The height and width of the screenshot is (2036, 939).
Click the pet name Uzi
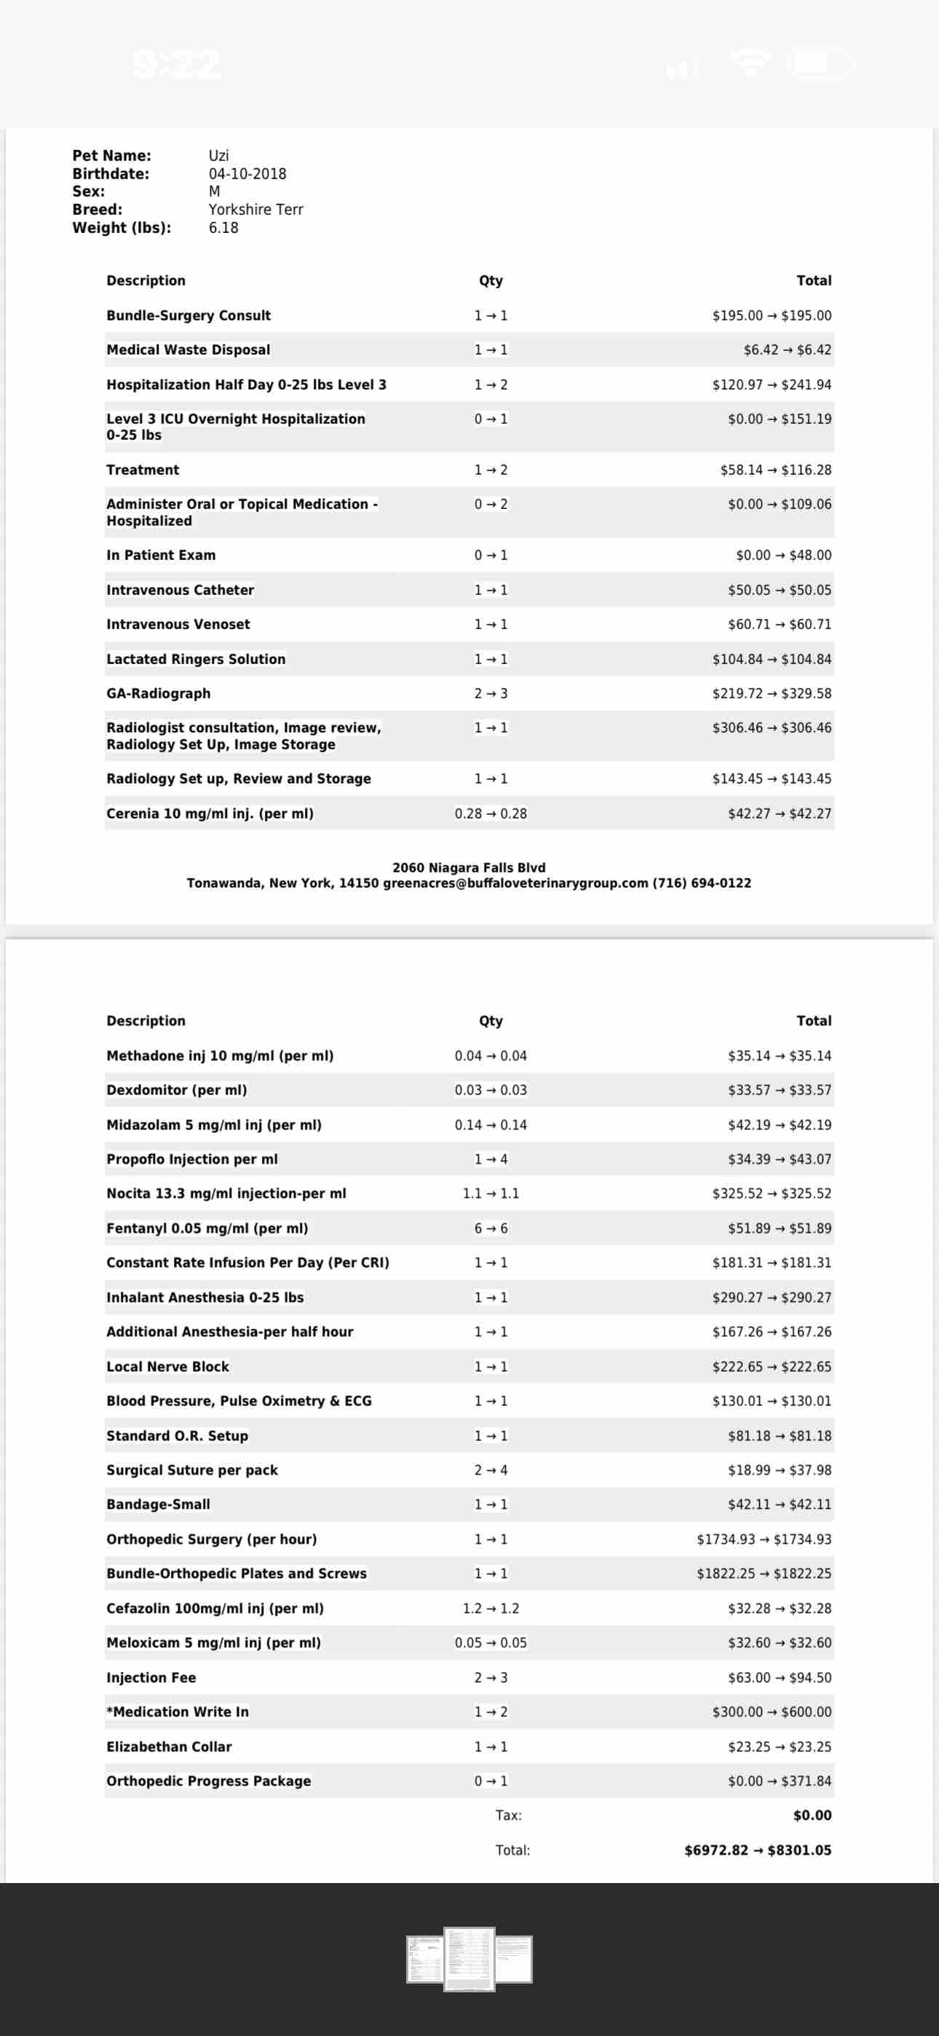tap(218, 156)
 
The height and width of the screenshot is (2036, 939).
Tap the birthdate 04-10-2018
tap(247, 174)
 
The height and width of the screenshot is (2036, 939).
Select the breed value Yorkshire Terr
tap(255, 210)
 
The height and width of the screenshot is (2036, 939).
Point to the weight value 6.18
tap(223, 228)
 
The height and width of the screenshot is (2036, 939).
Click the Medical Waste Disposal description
tap(188, 350)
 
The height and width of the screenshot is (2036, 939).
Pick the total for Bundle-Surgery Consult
tap(771, 315)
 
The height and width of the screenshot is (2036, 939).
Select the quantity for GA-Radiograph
tap(490, 693)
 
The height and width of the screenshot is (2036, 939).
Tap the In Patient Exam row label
tap(160, 555)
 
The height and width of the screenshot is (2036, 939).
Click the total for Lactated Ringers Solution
tap(771, 659)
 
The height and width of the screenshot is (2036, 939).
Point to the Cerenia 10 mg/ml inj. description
tap(210, 813)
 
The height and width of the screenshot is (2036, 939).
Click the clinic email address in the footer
tap(515, 883)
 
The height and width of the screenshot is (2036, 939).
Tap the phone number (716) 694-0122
tap(701, 883)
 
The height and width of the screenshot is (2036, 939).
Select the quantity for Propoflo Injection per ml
tap(490, 1159)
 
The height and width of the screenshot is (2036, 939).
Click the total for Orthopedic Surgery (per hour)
tap(763, 1539)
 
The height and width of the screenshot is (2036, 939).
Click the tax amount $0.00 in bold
tap(812, 1815)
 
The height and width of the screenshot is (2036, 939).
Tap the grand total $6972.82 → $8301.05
tap(757, 1850)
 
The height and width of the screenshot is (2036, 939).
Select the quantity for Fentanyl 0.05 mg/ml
tap(490, 1228)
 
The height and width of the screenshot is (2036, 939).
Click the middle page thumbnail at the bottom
tap(469, 1959)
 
